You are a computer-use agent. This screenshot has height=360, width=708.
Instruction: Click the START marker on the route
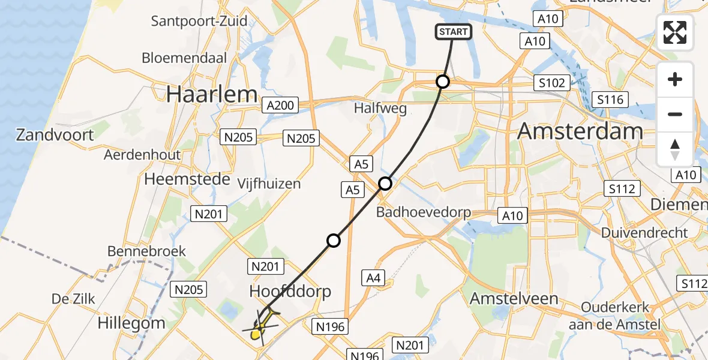[x=453, y=32]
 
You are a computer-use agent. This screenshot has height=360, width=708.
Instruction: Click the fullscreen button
[x=675, y=32]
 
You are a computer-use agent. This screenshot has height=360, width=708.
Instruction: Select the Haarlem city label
[x=212, y=94]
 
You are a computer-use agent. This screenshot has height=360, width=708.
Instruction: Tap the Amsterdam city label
[x=580, y=130]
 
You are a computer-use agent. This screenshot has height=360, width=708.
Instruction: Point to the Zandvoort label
[x=55, y=134]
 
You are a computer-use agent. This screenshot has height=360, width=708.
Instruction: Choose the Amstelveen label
[x=514, y=298]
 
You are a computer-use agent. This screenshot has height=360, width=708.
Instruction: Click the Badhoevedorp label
[x=423, y=212]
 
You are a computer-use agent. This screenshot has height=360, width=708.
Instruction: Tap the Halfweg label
[x=380, y=109]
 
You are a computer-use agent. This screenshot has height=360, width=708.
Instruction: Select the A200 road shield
[x=280, y=106]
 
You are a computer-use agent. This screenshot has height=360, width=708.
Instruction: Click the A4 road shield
[x=374, y=277]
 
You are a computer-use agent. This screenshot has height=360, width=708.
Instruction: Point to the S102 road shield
[x=551, y=83]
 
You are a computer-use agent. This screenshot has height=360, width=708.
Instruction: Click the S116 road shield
[x=610, y=100]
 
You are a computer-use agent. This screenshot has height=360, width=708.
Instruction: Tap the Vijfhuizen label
[x=269, y=184]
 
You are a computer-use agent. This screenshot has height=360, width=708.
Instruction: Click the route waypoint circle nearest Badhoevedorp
[x=385, y=184]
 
